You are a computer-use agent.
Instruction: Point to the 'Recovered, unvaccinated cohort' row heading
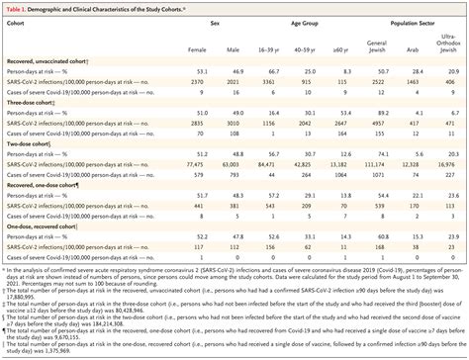45,61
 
